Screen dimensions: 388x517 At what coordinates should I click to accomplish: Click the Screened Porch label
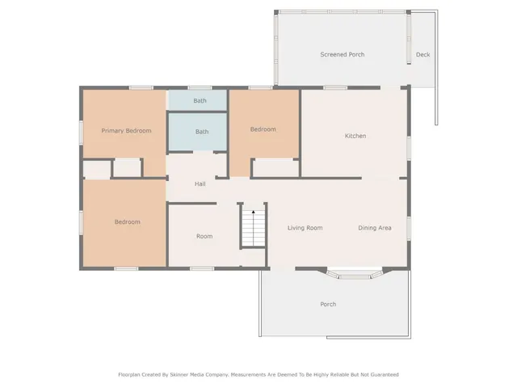342,55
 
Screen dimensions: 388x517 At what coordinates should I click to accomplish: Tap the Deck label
422,55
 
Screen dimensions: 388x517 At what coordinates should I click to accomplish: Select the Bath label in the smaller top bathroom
200,101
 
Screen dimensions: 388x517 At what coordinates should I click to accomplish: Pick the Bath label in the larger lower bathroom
201,132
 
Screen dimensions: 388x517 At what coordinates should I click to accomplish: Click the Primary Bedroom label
126,130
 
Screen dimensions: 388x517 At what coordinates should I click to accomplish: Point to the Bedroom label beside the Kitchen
263,129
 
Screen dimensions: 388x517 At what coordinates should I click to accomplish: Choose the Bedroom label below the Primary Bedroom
127,221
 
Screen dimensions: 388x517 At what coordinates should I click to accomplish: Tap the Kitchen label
355,136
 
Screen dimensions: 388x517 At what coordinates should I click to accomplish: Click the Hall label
200,184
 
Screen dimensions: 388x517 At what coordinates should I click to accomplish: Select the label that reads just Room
204,236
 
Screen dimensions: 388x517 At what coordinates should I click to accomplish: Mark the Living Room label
305,228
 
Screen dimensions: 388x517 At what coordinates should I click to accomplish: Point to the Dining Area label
375,228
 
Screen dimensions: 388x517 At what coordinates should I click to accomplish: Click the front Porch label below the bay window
328,304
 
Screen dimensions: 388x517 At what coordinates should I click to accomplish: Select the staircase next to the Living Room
253,226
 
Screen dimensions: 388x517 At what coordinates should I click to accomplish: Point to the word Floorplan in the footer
132,374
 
